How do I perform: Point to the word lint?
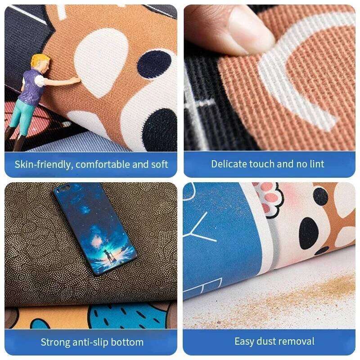click(315, 164)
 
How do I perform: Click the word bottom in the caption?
click(129, 342)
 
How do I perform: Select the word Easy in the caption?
click(243, 341)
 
